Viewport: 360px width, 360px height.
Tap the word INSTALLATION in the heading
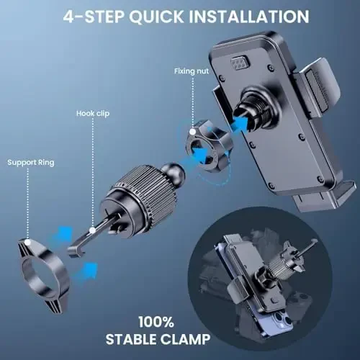(x=249, y=17)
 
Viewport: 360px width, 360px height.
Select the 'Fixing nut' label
(x=192, y=71)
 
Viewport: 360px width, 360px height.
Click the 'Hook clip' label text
(x=93, y=114)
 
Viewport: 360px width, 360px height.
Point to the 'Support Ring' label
(x=31, y=163)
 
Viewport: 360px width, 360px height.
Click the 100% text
(x=156, y=322)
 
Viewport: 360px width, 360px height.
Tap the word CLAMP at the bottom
(x=185, y=339)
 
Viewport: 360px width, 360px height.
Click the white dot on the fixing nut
(x=192, y=132)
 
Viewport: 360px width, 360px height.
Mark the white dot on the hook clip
(x=92, y=230)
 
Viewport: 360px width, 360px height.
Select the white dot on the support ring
(x=27, y=242)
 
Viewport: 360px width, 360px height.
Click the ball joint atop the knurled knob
(x=173, y=171)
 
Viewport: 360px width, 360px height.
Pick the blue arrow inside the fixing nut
(x=200, y=154)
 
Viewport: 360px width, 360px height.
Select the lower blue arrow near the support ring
(x=86, y=271)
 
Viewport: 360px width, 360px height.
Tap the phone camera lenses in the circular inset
(x=282, y=321)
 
